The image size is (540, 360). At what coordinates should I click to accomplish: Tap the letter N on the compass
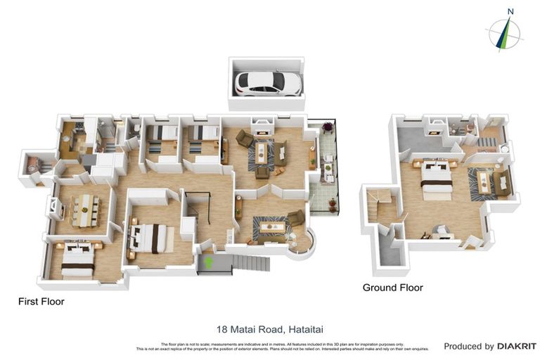point(510,11)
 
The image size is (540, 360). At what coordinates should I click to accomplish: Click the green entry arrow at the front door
point(208,263)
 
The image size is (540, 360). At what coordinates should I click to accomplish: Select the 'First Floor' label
point(41,302)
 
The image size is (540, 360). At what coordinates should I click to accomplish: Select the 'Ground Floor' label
point(392,288)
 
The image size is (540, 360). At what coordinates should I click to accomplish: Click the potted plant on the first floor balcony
point(328,127)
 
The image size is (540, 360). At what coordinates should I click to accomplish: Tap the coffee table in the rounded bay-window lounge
point(272,226)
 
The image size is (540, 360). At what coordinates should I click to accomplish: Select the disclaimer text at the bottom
point(281,347)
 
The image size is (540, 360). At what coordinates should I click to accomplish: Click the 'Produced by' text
point(469,347)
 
